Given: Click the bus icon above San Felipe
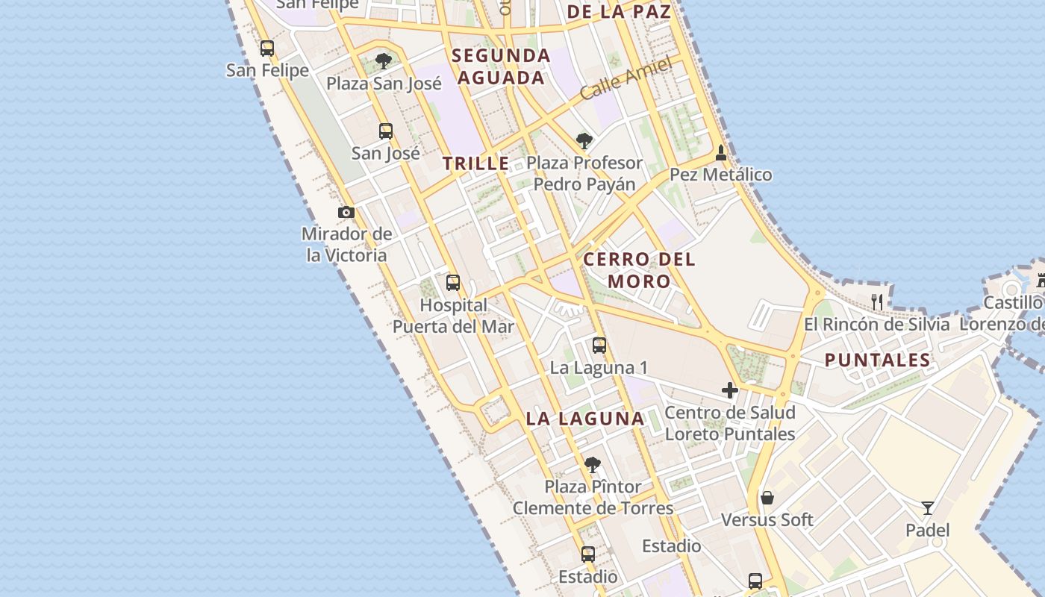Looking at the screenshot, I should point(267,49).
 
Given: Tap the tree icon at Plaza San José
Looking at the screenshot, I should point(384,61).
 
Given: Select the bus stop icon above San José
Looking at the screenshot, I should point(386,131).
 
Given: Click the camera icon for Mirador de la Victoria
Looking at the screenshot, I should point(346,213).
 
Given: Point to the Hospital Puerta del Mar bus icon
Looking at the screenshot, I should point(453,283).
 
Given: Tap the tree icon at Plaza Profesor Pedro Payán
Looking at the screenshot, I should point(584,140).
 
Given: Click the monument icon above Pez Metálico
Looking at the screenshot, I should point(720,153).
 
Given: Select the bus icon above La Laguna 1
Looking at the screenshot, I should point(599,346).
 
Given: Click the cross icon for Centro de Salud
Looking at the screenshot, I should point(730,390).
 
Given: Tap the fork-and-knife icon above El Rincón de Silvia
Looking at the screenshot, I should point(878,302).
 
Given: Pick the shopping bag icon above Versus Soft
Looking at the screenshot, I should point(767,498).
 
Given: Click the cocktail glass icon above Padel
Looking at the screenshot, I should point(928,508).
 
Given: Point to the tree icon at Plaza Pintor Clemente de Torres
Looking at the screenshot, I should point(593,465).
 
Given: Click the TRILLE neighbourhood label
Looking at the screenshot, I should point(475,163).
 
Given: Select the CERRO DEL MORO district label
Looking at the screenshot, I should point(639,270).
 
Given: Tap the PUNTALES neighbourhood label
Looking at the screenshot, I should point(878,360).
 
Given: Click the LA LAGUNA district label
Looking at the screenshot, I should point(584,419).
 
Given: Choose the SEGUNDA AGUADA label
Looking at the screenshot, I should point(501,66).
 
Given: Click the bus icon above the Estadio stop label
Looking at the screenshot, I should point(588,554).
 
